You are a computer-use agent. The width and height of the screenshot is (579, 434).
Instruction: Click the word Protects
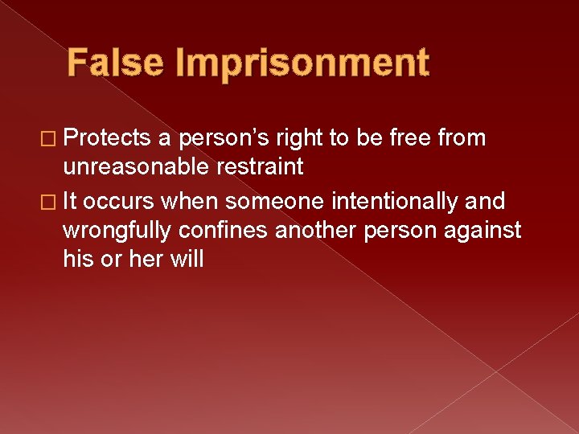tap(107, 138)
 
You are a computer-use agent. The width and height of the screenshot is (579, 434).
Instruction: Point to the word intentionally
tap(387, 202)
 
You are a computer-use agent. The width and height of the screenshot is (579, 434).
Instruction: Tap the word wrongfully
tap(116, 231)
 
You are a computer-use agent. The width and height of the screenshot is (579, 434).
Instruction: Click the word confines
tap(224, 231)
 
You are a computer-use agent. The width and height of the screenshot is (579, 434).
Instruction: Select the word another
tap(318, 231)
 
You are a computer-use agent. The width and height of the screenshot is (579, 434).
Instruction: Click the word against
tap(482, 231)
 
